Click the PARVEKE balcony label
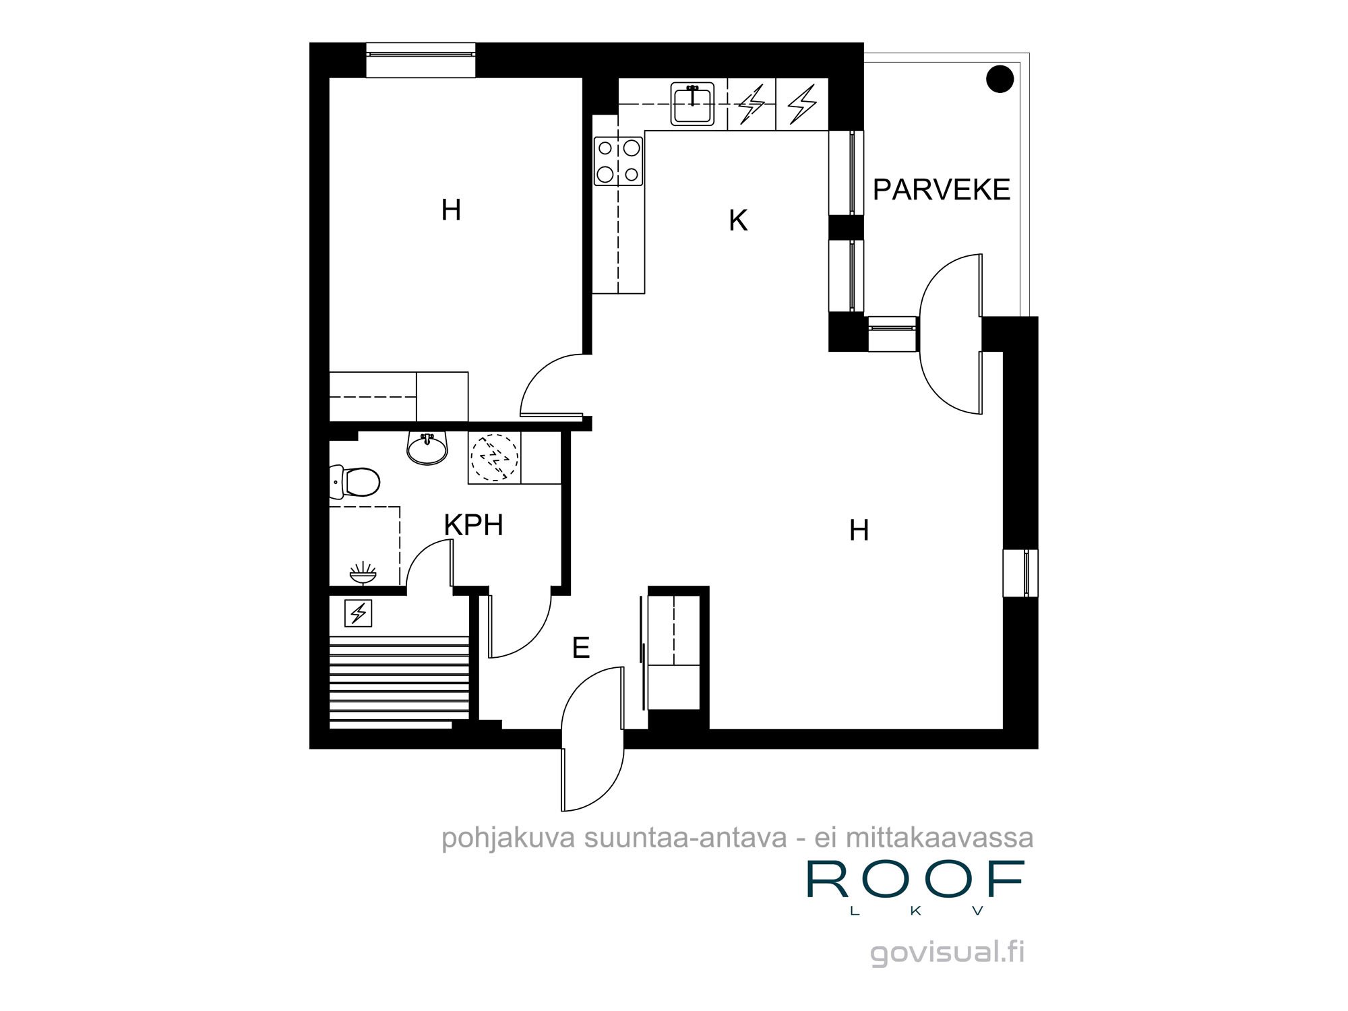[x=942, y=189]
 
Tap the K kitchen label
[x=738, y=220]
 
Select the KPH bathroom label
[x=473, y=525]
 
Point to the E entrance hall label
[x=580, y=648]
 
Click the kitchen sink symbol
[x=692, y=104]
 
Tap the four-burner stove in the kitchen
[x=618, y=160]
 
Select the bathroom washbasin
[x=427, y=449]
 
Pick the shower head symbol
[x=363, y=573]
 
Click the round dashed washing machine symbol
[x=494, y=457]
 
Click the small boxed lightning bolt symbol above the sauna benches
[x=359, y=613]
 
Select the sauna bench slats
[x=399, y=682]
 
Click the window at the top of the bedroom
[x=421, y=61]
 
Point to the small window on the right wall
[x=1020, y=573]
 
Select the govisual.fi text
[x=948, y=953]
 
